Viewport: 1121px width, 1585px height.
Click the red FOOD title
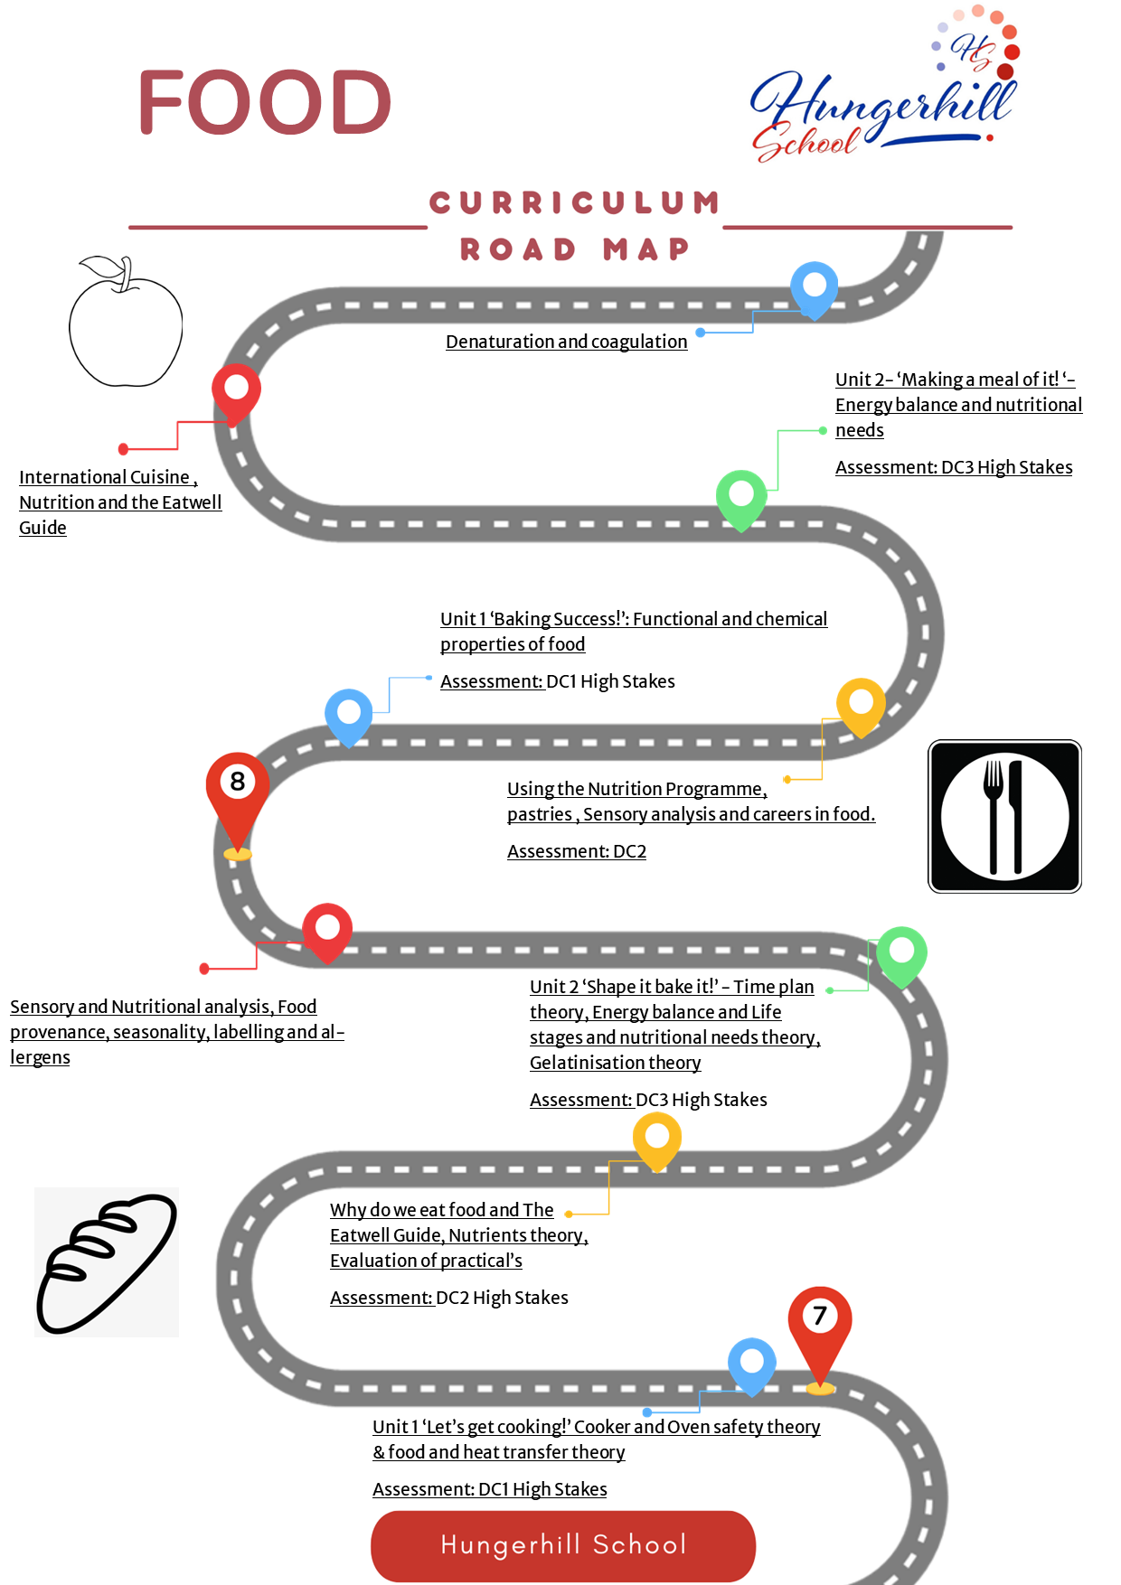click(x=265, y=102)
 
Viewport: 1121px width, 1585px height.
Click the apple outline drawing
click(x=126, y=322)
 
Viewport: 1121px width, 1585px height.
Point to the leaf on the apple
click(x=101, y=268)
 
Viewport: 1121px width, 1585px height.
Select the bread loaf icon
click(x=107, y=1262)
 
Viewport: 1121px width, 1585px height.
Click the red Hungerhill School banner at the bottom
click(x=563, y=1545)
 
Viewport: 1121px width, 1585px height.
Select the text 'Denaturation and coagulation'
click(x=567, y=342)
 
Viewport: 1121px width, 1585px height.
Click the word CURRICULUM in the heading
click(x=575, y=202)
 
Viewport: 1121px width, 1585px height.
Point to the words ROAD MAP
click(x=575, y=249)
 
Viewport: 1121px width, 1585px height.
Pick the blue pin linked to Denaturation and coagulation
click(x=815, y=289)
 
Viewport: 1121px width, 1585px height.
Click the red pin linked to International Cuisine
click(x=237, y=394)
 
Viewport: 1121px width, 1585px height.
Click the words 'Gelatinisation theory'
click(x=616, y=1063)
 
